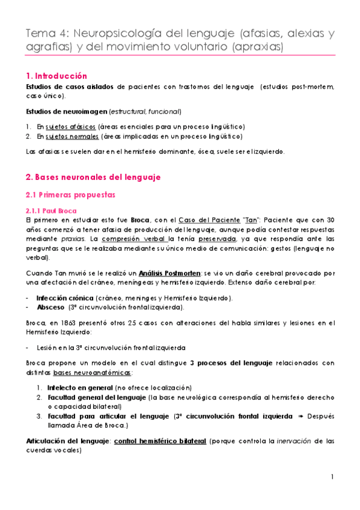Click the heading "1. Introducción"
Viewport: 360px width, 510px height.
(x=57, y=76)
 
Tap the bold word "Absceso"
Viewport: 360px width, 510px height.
(x=50, y=306)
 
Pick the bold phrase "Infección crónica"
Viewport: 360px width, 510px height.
(x=64, y=298)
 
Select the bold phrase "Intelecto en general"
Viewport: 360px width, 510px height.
(x=74, y=387)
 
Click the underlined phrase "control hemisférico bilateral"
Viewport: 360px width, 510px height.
(x=158, y=440)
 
